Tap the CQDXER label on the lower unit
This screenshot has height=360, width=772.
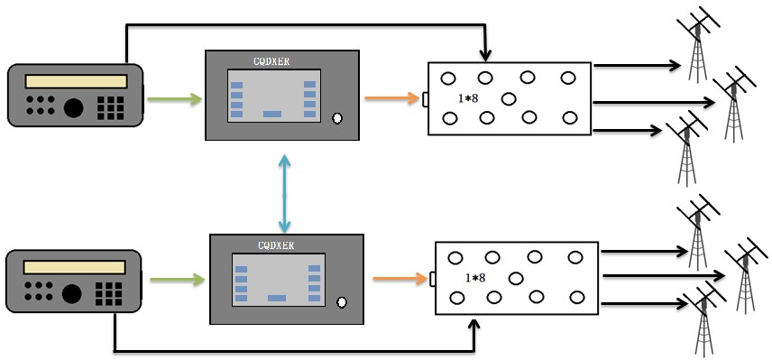pyautogui.click(x=276, y=245)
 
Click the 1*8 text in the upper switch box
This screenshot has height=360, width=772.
pyautogui.click(x=468, y=98)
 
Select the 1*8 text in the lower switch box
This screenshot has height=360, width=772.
pyautogui.click(x=475, y=278)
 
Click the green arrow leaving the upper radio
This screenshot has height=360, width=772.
pyautogui.click(x=175, y=99)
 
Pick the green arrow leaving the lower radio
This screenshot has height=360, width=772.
pyautogui.click(x=178, y=280)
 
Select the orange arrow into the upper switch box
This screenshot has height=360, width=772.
pyautogui.click(x=392, y=98)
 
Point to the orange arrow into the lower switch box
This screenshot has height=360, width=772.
pyautogui.click(x=400, y=279)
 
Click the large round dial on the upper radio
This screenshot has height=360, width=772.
pyautogui.click(x=73, y=108)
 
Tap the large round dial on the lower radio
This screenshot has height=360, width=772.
pyautogui.click(x=72, y=293)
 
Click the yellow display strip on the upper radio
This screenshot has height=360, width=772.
pyautogui.click(x=77, y=81)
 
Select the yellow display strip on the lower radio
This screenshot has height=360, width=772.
pyautogui.click(x=74, y=267)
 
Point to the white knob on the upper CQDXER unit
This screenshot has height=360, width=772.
pyautogui.click(x=337, y=118)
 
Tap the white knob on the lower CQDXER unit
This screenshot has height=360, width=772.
pyautogui.click(x=342, y=302)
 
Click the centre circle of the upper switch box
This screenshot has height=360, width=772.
pyautogui.click(x=509, y=99)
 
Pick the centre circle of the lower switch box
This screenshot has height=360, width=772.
pyautogui.click(x=516, y=279)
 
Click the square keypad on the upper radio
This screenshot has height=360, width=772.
pyautogui.click(x=110, y=108)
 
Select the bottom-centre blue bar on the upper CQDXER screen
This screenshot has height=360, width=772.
pyautogui.click(x=272, y=115)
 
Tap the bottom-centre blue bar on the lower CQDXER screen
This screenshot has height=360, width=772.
pyautogui.click(x=277, y=298)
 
